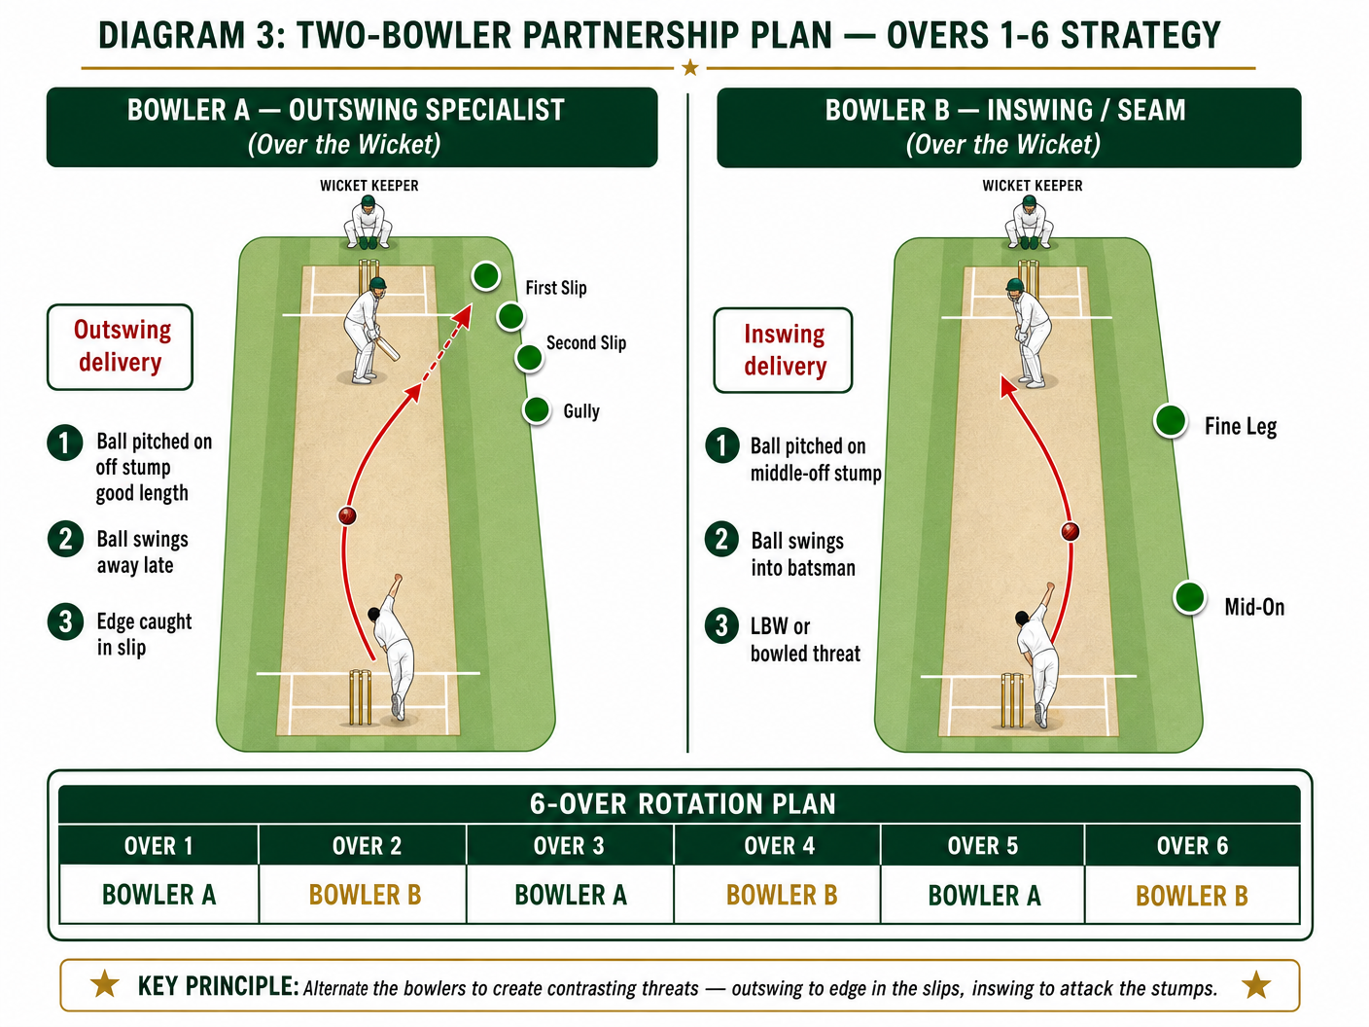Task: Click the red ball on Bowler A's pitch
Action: pos(347,515)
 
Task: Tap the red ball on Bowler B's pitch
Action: pos(1070,531)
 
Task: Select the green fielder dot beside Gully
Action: pos(537,410)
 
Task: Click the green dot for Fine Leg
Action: pos(1170,420)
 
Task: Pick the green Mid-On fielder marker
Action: pos(1189,597)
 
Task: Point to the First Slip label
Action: pos(556,288)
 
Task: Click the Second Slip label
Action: pos(585,342)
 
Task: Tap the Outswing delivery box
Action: pos(120,346)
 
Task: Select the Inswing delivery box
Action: pos(783,350)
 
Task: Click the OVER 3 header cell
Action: pos(570,845)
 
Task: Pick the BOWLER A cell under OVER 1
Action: pos(159,894)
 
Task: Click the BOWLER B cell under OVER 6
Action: pos(1192,894)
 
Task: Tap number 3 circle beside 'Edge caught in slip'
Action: pos(65,621)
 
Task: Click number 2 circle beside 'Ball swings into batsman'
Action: pos(721,539)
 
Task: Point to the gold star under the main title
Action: pos(689,67)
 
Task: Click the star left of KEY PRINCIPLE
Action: pos(105,983)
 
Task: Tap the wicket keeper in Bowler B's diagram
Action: pos(1029,223)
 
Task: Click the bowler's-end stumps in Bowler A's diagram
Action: pos(360,696)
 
